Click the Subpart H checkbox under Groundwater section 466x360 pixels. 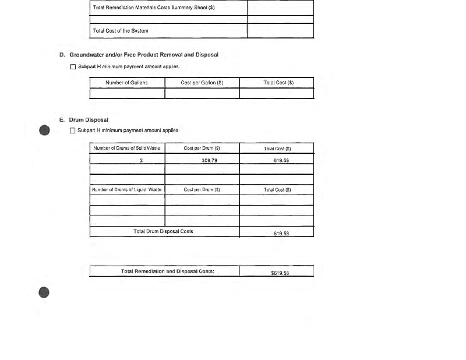click(x=73, y=66)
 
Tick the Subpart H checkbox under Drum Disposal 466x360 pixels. click(x=73, y=130)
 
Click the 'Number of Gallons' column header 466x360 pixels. click(x=126, y=83)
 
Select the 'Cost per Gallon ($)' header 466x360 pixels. click(x=202, y=83)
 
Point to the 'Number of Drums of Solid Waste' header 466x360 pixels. click(x=127, y=149)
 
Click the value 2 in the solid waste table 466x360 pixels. click(x=141, y=160)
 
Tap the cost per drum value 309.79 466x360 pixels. click(x=209, y=160)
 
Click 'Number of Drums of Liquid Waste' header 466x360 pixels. click(x=127, y=190)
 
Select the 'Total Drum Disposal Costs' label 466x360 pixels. click(x=163, y=231)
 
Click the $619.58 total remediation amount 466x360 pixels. click(x=280, y=272)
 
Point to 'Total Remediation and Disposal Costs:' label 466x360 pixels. click(x=164, y=271)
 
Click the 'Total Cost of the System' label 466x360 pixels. click(x=121, y=31)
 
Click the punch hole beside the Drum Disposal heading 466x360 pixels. click(x=44, y=130)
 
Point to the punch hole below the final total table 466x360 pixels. click(x=44, y=292)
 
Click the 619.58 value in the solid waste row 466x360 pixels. click(x=281, y=160)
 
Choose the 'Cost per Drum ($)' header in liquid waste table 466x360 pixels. click(x=202, y=190)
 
